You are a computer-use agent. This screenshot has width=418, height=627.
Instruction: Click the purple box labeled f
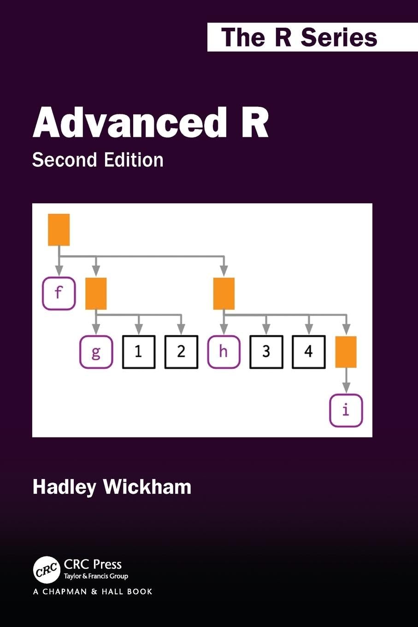(59, 293)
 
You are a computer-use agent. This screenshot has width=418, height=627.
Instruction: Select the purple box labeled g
(96, 352)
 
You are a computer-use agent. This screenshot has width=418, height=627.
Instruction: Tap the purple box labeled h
(224, 352)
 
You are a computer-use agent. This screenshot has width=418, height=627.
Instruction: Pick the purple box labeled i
(346, 411)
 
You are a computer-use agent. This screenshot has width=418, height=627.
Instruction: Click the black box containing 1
(139, 352)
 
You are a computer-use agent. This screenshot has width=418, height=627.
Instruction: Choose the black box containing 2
(181, 352)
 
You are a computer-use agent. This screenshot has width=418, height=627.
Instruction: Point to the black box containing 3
(266, 352)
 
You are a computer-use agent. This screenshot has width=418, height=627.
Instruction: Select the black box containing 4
(309, 352)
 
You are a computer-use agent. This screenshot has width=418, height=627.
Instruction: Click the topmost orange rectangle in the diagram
(59, 230)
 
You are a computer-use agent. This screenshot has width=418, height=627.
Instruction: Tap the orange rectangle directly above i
(346, 352)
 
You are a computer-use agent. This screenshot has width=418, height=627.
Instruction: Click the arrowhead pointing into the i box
(347, 388)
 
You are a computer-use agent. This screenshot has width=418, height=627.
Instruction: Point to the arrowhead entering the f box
(59, 271)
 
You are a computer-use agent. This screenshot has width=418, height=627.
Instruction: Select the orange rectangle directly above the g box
(96, 294)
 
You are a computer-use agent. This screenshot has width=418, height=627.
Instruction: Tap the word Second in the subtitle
(65, 160)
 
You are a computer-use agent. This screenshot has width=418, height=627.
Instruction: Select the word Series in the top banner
(339, 37)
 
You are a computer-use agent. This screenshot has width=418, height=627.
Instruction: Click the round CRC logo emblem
(47, 570)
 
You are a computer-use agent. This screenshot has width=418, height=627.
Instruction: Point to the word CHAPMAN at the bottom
(65, 592)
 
